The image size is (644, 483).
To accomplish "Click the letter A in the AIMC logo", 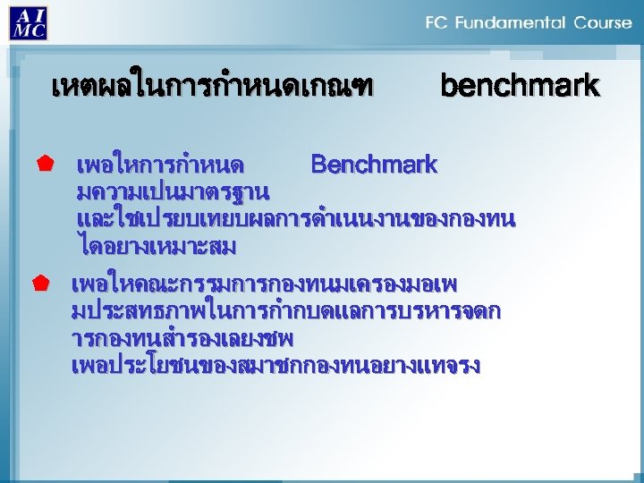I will [21, 15].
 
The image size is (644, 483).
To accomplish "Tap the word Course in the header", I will [602, 23].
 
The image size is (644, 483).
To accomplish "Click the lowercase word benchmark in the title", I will [520, 86].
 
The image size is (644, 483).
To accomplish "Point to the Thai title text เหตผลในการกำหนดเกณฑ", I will [212, 87].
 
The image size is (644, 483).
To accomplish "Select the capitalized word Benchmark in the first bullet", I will [374, 165].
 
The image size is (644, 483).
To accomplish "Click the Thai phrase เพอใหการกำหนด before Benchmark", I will [160, 165].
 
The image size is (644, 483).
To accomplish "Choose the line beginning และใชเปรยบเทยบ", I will [296, 218].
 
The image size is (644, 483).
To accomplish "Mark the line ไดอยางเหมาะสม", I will [157, 244].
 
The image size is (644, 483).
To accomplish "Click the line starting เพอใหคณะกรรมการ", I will [265, 285].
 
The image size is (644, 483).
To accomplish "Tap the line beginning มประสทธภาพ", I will [285, 312].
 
